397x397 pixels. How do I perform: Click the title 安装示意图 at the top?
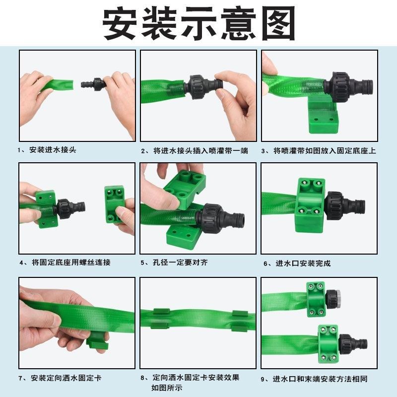pyautogui.click(x=198, y=23)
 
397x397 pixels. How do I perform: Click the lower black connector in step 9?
pyautogui.click(x=352, y=343)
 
